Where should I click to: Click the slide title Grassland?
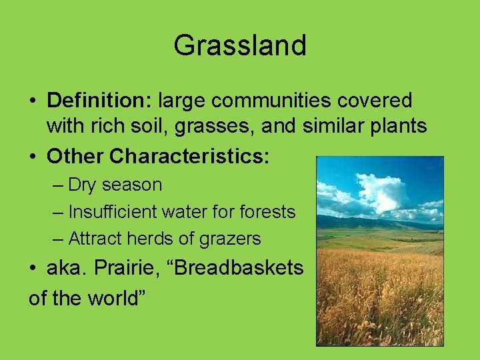click(x=240, y=45)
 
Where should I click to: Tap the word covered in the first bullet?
click(x=379, y=101)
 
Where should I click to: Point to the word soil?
click(x=155, y=125)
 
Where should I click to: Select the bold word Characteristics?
click(x=189, y=156)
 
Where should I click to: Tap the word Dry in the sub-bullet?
click(x=84, y=185)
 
